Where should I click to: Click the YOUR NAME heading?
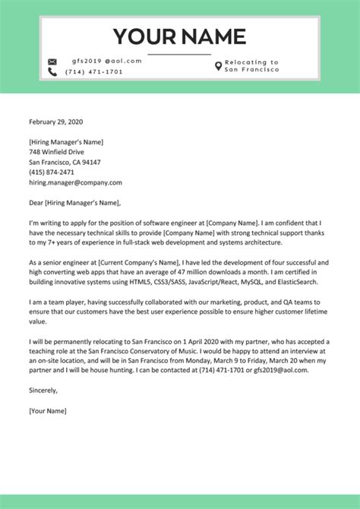click(179, 36)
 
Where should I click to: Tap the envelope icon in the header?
click(52, 62)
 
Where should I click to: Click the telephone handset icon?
click(52, 72)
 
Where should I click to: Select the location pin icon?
click(219, 66)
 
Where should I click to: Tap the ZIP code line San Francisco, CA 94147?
click(65, 162)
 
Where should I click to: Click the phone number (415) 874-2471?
click(52, 172)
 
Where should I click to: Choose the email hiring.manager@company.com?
click(75, 183)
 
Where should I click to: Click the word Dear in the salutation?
click(36, 203)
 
